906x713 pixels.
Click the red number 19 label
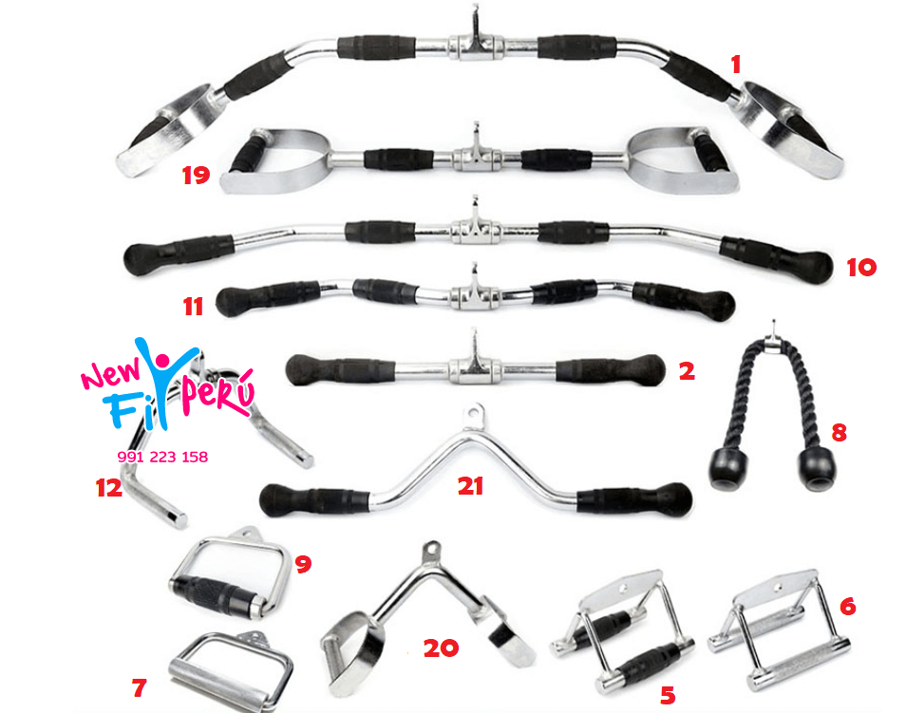(x=196, y=175)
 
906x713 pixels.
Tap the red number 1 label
(x=736, y=65)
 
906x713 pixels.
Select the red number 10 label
(x=861, y=268)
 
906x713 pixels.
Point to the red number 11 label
(x=194, y=307)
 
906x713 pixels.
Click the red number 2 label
(x=687, y=371)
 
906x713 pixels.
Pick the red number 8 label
(x=839, y=432)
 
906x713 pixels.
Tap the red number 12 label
(x=109, y=488)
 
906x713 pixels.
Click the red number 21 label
(x=470, y=486)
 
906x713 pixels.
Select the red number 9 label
(x=303, y=564)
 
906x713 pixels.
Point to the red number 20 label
(x=441, y=648)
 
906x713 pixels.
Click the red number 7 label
(x=139, y=687)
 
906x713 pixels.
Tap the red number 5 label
(x=668, y=696)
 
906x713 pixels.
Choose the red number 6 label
(x=847, y=606)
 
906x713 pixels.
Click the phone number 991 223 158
(x=162, y=457)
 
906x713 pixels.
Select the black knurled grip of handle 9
(x=217, y=593)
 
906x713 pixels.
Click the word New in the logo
(x=111, y=373)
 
